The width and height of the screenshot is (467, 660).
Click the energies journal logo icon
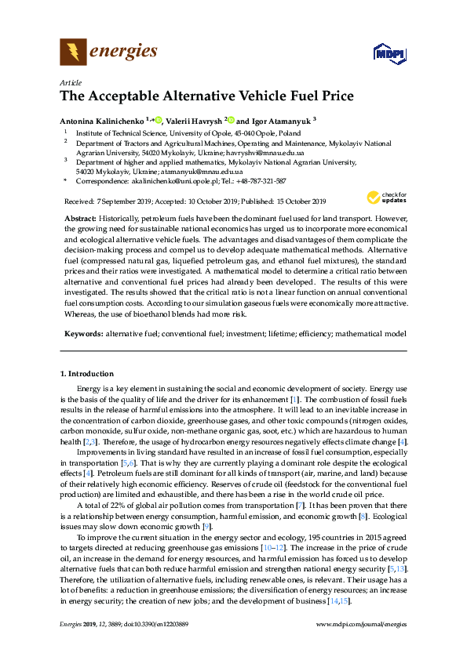(73, 53)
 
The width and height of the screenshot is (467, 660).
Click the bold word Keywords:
(84, 333)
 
